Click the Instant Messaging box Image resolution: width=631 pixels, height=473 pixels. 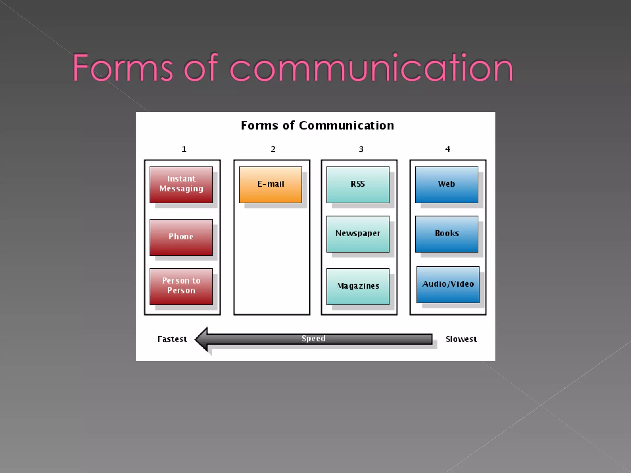click(x=181, y=184)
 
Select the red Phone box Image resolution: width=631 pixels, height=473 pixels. click(x=181, y=237)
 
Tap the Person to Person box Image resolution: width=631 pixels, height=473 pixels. click(x=181, y=286)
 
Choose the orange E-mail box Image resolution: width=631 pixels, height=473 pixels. click(x=271, y=184)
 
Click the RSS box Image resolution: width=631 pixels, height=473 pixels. click(x=358, y=184)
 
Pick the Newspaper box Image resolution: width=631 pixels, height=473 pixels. click(x=358, y=234)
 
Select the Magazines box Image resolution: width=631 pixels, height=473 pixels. click(x=358, y=286)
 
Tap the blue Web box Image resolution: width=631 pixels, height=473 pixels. click(x=446, y=184)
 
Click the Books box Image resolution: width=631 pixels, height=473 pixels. click(x=446, y=234)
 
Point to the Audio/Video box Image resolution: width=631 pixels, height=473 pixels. click(x=448, y=284)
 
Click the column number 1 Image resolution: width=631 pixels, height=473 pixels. click(x=184, y=149)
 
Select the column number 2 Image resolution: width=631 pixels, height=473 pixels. click(x=273, y=149)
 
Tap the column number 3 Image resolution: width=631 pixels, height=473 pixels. click(x=361, y=149)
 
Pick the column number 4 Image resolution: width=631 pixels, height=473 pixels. click(x=448, y=149)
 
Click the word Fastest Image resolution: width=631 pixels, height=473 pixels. click(x=172, y=339)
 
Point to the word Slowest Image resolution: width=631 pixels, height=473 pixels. click(x=461, y=339)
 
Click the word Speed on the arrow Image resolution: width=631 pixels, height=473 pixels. click(x=313, y=338)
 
